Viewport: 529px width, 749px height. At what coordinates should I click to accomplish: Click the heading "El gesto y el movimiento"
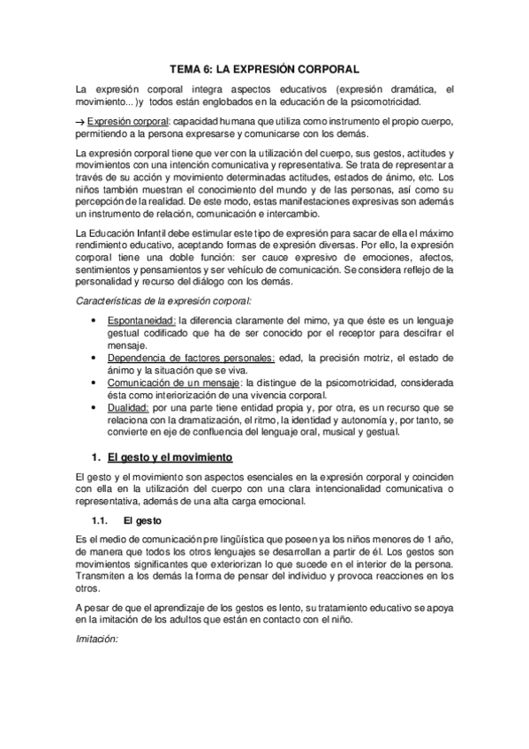pyautogui.click(x=169, y=458)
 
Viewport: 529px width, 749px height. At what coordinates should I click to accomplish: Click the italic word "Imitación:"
pyautogui.click(x=97, y=635)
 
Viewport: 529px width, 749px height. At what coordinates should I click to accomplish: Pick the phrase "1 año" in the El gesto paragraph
pyautogui.click(x=438, y=541)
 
